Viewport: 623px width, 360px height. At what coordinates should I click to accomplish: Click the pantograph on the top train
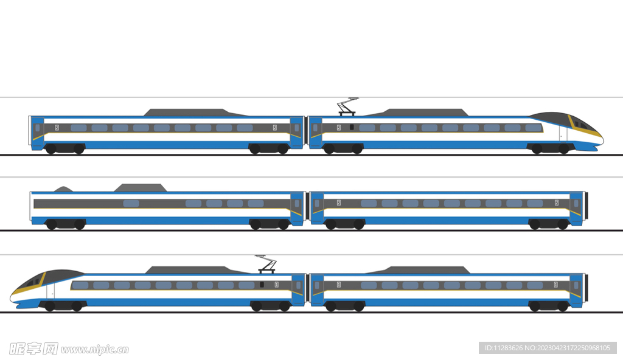pyautogui.click(x=347, y=107)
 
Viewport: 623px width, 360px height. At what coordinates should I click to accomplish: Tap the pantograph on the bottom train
pyautogui.click(x=266, y=265)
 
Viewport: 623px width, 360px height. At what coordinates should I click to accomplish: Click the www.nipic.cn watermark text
pyautogui.click(x=95, y=350)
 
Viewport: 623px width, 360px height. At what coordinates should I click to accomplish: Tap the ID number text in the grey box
pyautogui.click(x=548, y=348)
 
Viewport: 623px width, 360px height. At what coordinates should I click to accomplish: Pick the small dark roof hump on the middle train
pyautogui.click(x=63, y=189)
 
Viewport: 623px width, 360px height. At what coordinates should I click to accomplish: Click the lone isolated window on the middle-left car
pyautogui.click(x=131, y=204)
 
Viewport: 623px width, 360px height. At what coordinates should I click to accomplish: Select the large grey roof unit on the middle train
pyautogui.click(x=141, y=187)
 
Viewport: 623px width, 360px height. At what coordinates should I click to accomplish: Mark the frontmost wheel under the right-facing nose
pyautogui.click(x=564, y=149)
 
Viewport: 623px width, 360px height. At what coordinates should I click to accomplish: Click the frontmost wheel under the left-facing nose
pyautogui.click(x=50, y=306)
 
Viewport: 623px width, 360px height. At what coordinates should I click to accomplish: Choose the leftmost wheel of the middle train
pyautogui.click(x=51, y=224)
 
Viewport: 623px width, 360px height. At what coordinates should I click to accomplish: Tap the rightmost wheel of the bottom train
pyautogui.click(x=563, y=306)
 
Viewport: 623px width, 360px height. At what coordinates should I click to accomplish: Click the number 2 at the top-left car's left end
pyautogui.click(x=57, y=128)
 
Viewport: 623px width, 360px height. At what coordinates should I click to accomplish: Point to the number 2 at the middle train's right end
pyautogui.click(x=557, y=202)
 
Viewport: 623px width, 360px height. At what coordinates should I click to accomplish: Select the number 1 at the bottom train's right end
pyautogui.click(x=555, y=285)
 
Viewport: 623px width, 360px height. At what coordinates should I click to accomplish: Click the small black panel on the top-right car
pyautogui.click(x=352, y=127)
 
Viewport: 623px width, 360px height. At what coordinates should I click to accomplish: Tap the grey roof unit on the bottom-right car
pyautogui.click(x=418, y=270)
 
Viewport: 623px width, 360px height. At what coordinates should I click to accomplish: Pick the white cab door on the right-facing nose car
pyautogui.click(x=563, y=133)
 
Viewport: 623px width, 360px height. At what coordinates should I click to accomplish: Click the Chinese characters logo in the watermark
pyautogui.click(x=34, y=349)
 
